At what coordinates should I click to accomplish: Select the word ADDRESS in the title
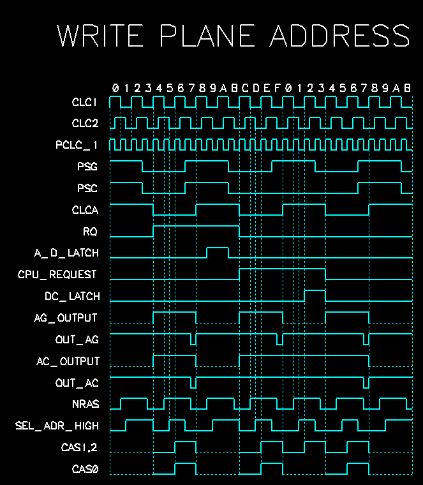click(340, 36)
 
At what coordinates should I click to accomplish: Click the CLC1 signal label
click(85, 102)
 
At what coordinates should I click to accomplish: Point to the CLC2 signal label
click(85, 123)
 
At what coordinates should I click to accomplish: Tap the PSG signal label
click(87, 167)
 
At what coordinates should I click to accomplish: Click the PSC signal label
click(87, 189)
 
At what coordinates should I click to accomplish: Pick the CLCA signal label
click(85, 211)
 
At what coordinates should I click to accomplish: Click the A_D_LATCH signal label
click(66, 253)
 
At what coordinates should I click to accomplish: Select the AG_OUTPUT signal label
click(66, 318)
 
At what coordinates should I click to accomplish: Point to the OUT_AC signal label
click(77, 383)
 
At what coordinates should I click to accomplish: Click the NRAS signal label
click(85, 405)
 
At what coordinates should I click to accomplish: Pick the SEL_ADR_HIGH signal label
click(57, 426)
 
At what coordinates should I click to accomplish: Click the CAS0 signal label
click(85, 470)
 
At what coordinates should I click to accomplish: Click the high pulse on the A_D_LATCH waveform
click(218, 251)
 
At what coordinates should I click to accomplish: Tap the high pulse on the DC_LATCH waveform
click(315, 295)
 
